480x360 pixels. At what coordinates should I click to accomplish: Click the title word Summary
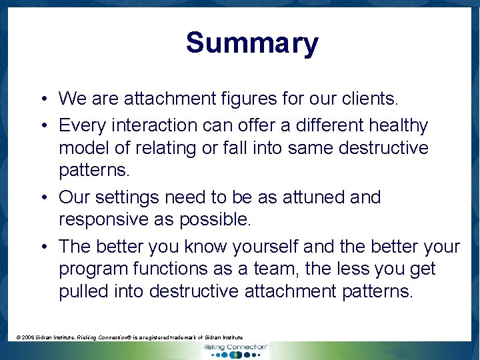(x=252, y=43)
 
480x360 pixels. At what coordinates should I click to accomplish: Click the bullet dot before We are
(x=42, y=100)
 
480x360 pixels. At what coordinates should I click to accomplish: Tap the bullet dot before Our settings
(x=42, y=198)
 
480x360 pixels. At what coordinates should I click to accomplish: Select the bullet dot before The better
(x=42, y=247)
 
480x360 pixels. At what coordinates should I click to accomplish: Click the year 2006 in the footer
(x=30, y=338)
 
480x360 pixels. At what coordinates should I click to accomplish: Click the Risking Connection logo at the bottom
(x=234, y=349)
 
